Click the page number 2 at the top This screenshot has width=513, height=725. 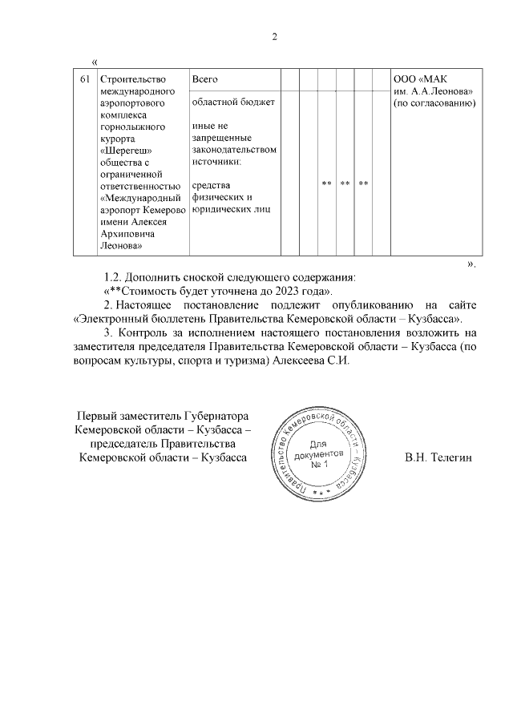pyautogui.click(x=274, y=37)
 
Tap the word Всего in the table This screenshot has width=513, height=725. pyautogui.click(x=205, y=79)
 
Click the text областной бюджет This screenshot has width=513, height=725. pyautogui.click(x=233, y=103)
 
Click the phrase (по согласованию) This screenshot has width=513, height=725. pyautogui.click(x=434, y=103)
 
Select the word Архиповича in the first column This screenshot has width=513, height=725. pyautogui.click(x=127, y=233)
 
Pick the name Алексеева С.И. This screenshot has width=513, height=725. pyautogui.click(x=310, y=361)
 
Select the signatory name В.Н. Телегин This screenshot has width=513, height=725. pyautogui.click(x=441, y=457)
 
